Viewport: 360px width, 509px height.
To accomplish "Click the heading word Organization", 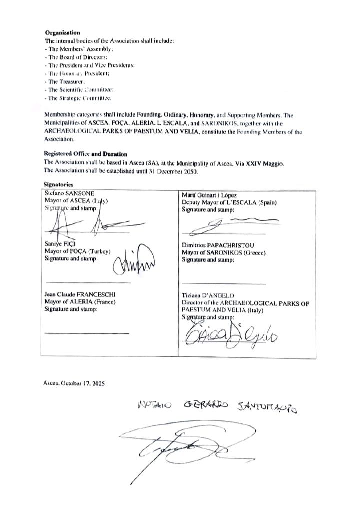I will (62, 33).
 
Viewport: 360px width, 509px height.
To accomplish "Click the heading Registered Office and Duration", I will (85, 154).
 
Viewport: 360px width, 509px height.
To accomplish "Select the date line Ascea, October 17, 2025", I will (74, 383).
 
